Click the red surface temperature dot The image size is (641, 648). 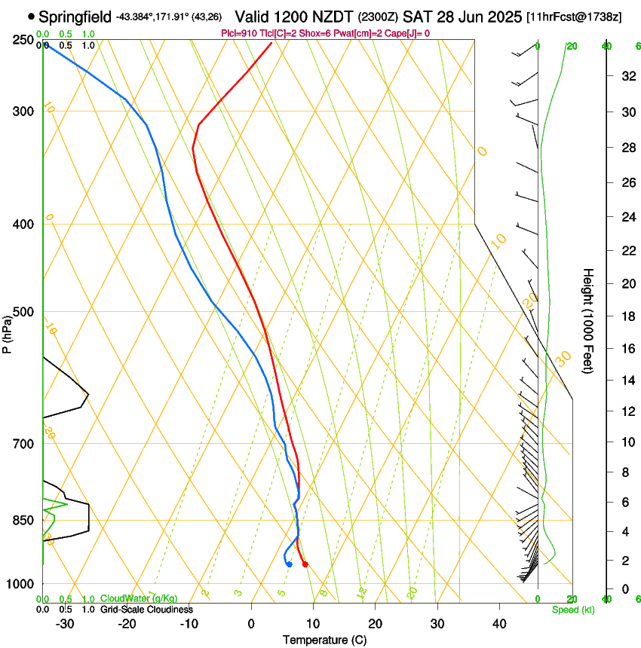pyautogui.click(x=305, y=564)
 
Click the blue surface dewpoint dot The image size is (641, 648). pyautogui.click(x=289, y=564)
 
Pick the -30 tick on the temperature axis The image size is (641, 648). pyautogui.click(x=66, y=624)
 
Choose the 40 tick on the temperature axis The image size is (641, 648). pyautogui.click(x=498, y=624)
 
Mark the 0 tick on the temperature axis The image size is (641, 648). pyautogui.click(x=251, y=624)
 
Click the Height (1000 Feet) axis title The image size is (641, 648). pyautogui.click(x=588, y=320)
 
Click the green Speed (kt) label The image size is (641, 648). pyautogui.click(x=572, y=610)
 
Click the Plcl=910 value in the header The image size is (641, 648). pyautogui.click(x=238, y=33)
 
